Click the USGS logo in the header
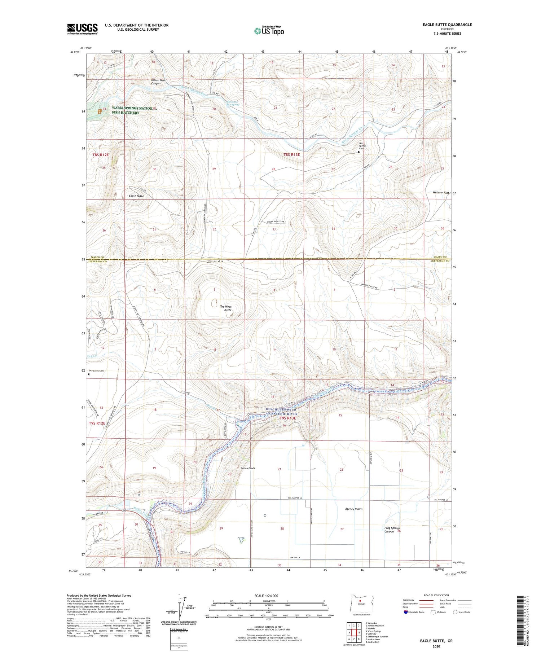(82, 29)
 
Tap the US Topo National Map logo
(269, 30)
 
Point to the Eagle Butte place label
(136, 196)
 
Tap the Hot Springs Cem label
(362, 146)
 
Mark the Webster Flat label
(441, 193)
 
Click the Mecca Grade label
(248, 468)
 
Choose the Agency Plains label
(353, 509)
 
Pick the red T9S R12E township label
(97, 423)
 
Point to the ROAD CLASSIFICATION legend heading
(436, 595)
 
